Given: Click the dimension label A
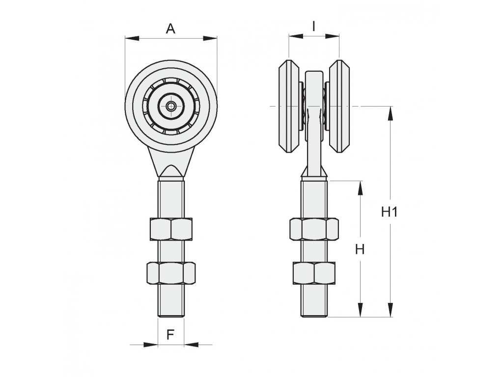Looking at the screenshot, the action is pyautogui.click(x=170, y=29).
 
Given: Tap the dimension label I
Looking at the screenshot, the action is pyautogui.click(x=314, y=27).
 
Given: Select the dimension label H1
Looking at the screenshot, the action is pyautogui.click(x=390, y=212).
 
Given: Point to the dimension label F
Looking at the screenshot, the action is pyautogui.click(x=170, y=335).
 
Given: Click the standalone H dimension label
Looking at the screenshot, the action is pyautogui.click(x=360, y=249).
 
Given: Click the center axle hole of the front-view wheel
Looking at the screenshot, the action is pyautogui.click(x=171, y=106).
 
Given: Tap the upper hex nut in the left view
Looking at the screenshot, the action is pyautogui.click(x=171, y=229).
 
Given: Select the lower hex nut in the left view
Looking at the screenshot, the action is pyautogui.click(x=171, y=273).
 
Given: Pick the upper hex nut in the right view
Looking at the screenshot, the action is pyautogui.click(x=314, y=229).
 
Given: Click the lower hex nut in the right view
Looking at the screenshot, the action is pyautogui.click(x=314, y=273).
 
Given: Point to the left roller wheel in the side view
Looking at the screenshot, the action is pyautogui.click(x=289, y=106).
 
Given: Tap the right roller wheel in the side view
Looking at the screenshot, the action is pyautogui.click(x=339, y=106).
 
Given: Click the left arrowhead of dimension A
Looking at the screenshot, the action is pyautogui.click(x=132, y=38).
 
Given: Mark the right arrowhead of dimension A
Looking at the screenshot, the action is pyautogui.click(x=210, y=38).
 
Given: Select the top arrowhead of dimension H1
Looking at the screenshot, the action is pyautogui.click(x=391, y=113).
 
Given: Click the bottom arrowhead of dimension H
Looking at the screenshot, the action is pyautogui.click(x=360, y=310).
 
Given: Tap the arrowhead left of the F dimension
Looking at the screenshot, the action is pyautogui.click(x=151, y=345).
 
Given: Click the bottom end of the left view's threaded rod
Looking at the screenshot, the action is pyautogui.click(x=171, y=317).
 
